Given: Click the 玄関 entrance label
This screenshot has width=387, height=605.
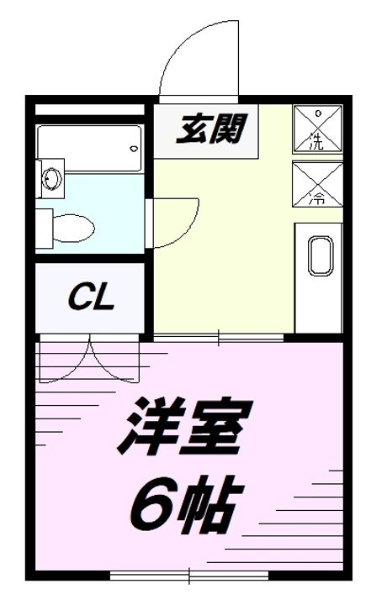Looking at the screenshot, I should click(209, 129).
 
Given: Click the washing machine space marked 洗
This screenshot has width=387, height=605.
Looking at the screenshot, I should click(317, 129).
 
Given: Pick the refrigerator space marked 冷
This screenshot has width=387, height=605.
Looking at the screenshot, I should click(317, 186).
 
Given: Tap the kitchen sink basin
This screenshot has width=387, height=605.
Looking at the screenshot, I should click(321, 256).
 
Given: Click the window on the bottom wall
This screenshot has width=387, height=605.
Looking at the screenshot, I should click(193, 577).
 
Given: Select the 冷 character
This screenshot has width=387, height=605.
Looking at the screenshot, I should click(317, 198).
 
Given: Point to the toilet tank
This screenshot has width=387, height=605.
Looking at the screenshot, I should click(44, 225).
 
